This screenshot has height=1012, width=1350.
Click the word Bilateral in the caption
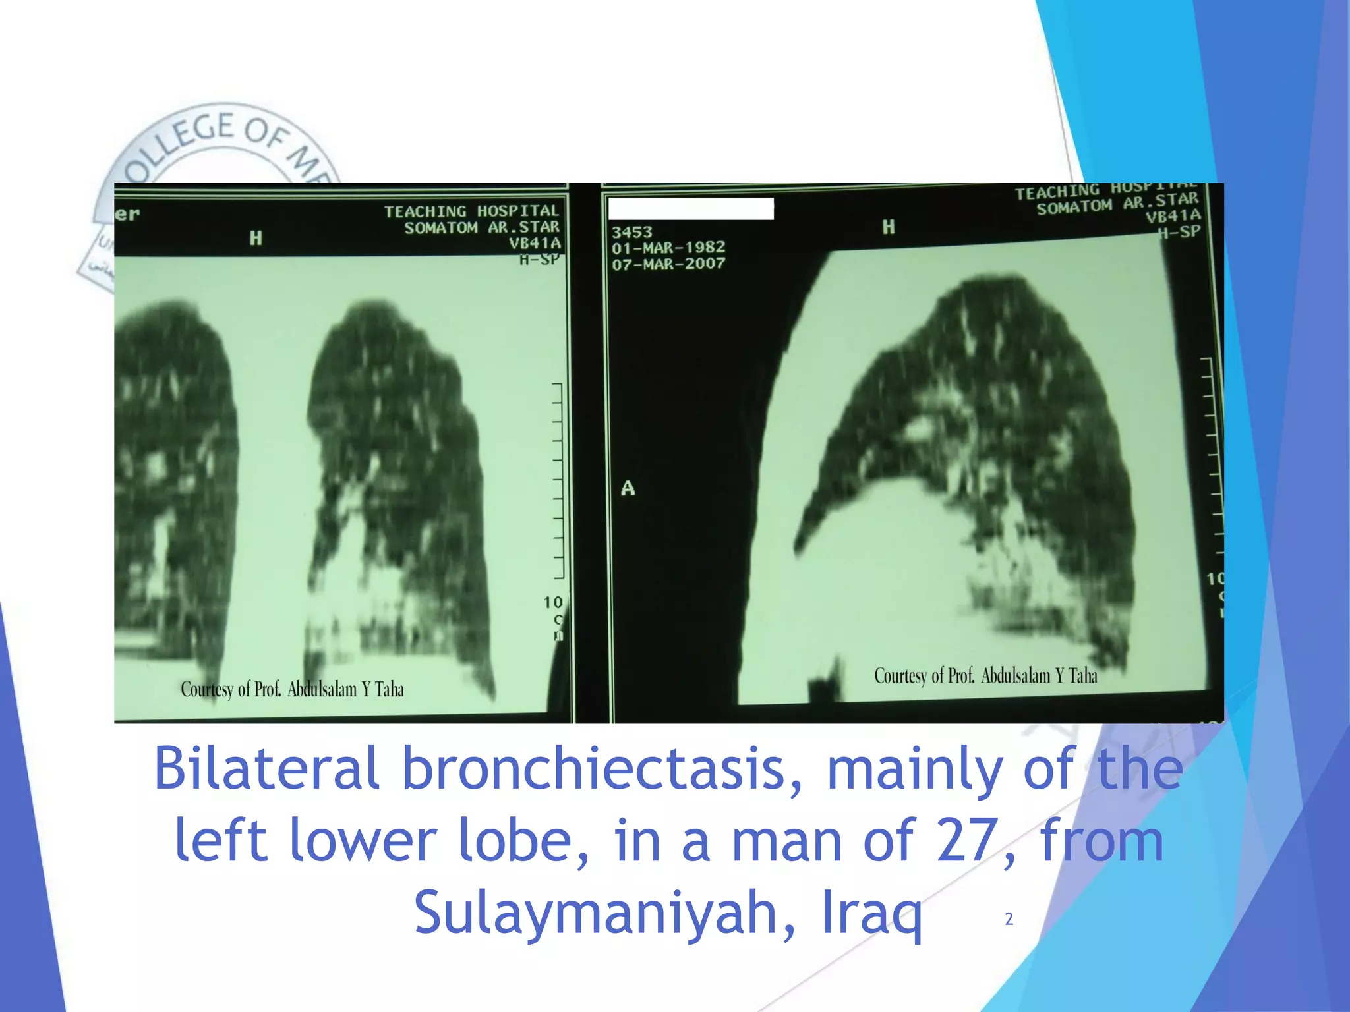266,769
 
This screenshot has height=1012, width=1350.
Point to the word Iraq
871,913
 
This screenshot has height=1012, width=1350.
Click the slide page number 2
1009,919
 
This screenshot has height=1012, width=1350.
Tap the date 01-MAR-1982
668,248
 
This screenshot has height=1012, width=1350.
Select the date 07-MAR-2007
668,264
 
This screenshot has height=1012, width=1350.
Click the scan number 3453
631,232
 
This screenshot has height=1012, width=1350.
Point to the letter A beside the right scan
628,488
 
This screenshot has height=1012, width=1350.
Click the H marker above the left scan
256,238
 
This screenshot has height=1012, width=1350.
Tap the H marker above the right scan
889,227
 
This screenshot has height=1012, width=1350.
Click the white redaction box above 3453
690,209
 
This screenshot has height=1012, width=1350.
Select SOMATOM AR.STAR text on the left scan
481,228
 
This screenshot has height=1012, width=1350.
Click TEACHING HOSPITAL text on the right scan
1105,191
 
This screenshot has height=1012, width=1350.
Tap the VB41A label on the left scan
534,243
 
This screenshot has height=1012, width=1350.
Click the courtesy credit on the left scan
292,690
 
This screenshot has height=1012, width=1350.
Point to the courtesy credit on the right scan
985,676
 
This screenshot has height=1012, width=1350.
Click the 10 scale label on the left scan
552,602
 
